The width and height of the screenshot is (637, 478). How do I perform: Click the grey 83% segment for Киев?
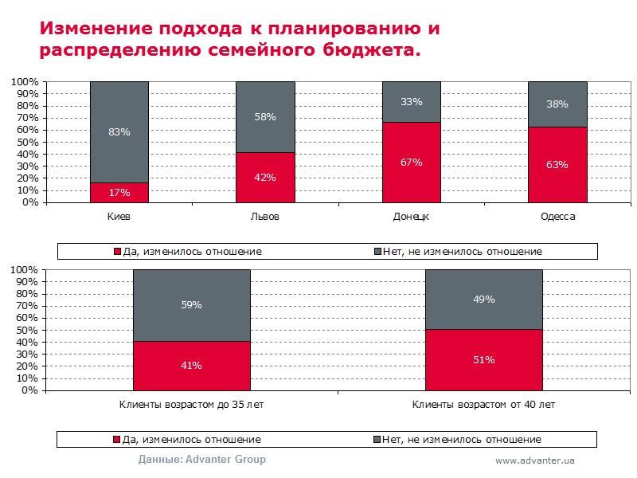pos(119,131)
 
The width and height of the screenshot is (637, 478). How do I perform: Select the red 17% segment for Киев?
pos(119,192)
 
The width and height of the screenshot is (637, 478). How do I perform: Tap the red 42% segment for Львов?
pos(266,177)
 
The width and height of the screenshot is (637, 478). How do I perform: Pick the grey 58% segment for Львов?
pos(266,116)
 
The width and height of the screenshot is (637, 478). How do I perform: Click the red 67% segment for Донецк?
pos(412,162)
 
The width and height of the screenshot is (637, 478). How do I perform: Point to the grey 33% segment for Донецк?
pos(412,101)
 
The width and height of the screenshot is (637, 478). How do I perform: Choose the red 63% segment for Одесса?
pos(557,164)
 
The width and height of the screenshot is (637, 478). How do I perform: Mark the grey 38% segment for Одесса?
pos(557,104)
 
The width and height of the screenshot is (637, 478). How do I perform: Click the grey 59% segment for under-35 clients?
pos(192,305)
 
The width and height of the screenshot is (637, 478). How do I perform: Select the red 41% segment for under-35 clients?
pos(192,366)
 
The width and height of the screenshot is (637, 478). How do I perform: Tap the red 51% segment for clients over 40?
pos(484,359)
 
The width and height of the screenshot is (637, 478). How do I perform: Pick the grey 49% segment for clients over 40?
pos(484,300)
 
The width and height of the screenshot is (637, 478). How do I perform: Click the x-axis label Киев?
pos(119,217)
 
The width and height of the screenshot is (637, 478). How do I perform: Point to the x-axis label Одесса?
pos(557,217)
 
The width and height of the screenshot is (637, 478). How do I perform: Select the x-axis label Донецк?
pos(412,217)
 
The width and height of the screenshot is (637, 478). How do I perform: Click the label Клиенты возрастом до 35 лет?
pos(192,405)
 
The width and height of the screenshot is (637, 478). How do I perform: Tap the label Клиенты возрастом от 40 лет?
pos(484,405)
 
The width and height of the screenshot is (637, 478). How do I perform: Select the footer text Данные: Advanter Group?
pos(202,460)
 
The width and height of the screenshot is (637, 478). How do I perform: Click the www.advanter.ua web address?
pos(535,460)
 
